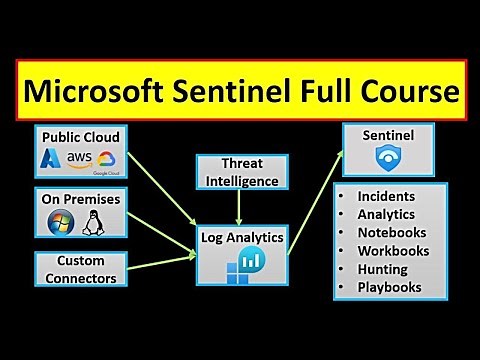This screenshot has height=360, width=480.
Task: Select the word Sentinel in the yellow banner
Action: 239,93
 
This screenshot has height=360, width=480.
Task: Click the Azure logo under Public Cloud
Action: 51,160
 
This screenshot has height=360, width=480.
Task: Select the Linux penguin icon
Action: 96,222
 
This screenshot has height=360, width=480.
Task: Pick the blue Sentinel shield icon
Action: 384,158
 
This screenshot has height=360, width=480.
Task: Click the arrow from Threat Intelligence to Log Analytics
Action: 238,207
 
